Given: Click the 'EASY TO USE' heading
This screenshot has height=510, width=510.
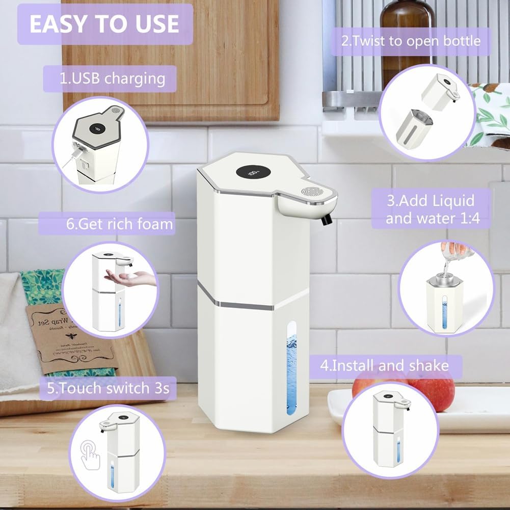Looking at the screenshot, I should coord(104,24).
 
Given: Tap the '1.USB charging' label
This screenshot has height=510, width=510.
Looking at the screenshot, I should coord(113,79).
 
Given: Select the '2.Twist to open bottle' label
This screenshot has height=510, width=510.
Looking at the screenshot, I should coord(411,41).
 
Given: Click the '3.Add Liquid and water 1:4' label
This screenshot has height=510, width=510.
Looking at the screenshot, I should coord(430,209).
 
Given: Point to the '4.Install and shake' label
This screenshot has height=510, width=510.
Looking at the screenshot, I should coord(384,365).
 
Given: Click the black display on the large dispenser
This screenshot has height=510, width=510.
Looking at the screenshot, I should coord(251,173).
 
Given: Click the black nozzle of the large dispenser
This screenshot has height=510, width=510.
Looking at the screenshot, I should coord(327,220).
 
